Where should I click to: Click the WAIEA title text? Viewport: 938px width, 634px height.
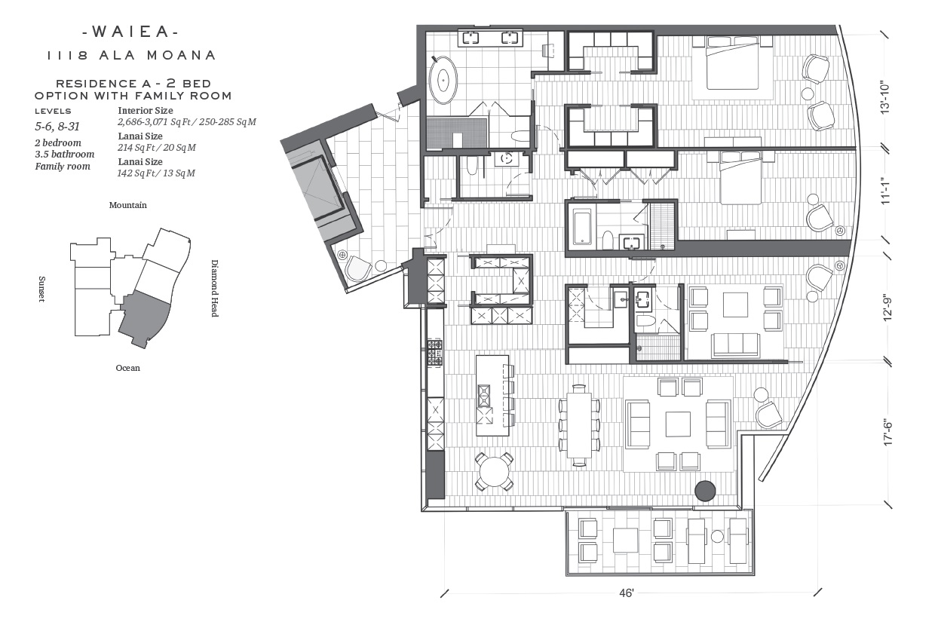(x=130, y=32)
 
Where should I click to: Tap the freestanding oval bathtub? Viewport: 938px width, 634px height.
(x=443, y=80)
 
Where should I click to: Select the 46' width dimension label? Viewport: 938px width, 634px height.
(x=627, y=593)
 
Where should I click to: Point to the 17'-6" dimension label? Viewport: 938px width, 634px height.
(x=887, y=433)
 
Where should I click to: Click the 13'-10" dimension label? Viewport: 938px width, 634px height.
(x=884, y=97)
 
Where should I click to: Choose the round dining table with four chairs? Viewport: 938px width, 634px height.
(x=494, y=471)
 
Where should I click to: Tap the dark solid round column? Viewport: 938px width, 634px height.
(x=705, y=491)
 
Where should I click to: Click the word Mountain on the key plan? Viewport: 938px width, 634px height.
(x=127, y=205)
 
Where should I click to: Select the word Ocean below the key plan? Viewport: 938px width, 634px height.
(x=127, y=368)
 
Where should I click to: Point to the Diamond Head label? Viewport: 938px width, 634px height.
(x=214, y=288)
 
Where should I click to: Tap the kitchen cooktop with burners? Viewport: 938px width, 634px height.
(x=434, y=353)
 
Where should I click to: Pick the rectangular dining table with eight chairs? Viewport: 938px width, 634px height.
(x=579, y=425)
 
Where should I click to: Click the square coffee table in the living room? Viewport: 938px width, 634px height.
(x=679, y=424)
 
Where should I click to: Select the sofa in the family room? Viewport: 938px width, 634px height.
(x=735, y=345)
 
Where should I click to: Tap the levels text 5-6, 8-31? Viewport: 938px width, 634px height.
(x=57, y=127)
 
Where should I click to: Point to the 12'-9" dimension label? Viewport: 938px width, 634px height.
(x=887, y=310)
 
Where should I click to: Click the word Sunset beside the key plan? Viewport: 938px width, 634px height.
(x=41, y=289)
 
